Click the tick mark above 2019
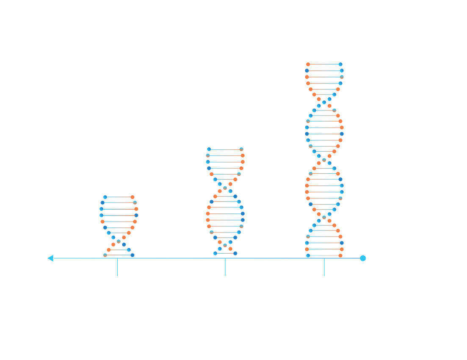117,267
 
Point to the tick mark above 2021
225,267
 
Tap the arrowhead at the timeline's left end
50,258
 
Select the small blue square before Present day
362,257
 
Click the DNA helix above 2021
225,201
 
